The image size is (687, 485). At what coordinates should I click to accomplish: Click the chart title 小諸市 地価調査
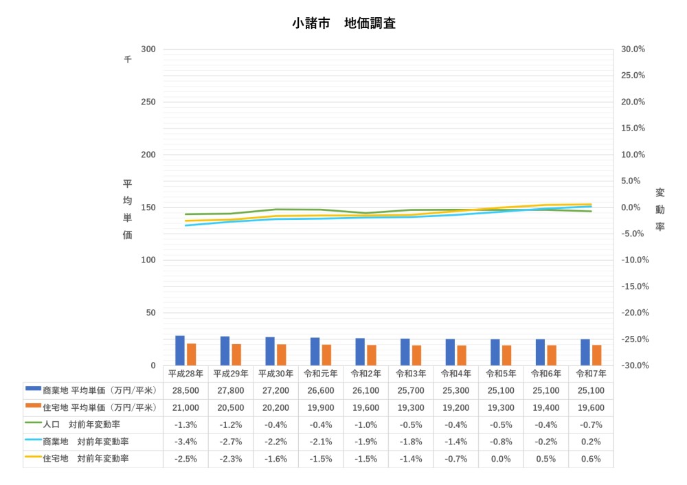point(343,23)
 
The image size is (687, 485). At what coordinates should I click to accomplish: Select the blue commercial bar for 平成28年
point(180,350)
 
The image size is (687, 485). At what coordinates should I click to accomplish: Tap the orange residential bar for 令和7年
point(597,355)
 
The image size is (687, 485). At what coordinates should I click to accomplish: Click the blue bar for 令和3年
point(405,352)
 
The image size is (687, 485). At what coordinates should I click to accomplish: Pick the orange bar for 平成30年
point(282,354)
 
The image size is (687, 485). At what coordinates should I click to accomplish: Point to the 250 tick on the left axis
point(148,102)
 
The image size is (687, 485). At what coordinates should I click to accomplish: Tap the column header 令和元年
point(320,374)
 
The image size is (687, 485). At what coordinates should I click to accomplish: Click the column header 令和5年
point(500,374)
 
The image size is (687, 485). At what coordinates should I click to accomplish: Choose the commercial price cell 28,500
point(185,391)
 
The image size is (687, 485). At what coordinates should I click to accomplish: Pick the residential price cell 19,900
point(320,408)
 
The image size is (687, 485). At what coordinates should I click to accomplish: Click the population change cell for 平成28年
point(185,425)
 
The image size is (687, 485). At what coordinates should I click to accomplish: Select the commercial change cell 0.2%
point(590,442)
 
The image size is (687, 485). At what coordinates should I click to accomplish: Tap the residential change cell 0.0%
point(500,459)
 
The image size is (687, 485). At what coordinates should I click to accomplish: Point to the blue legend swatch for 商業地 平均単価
point(33,389)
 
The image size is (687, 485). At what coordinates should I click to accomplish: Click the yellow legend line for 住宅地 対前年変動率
point(33,457)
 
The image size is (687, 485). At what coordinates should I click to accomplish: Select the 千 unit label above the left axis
point(128,60)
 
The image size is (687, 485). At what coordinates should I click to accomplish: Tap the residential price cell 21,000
point(185,408)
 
